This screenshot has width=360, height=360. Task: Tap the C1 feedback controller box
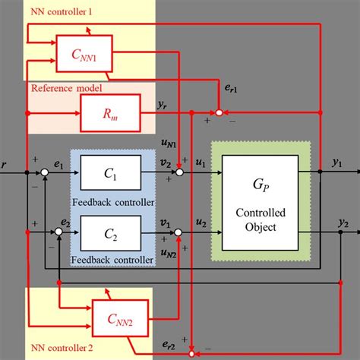110,172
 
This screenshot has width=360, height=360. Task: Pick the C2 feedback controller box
110,232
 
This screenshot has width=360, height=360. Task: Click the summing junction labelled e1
45,173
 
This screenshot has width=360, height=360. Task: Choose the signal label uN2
168,257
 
